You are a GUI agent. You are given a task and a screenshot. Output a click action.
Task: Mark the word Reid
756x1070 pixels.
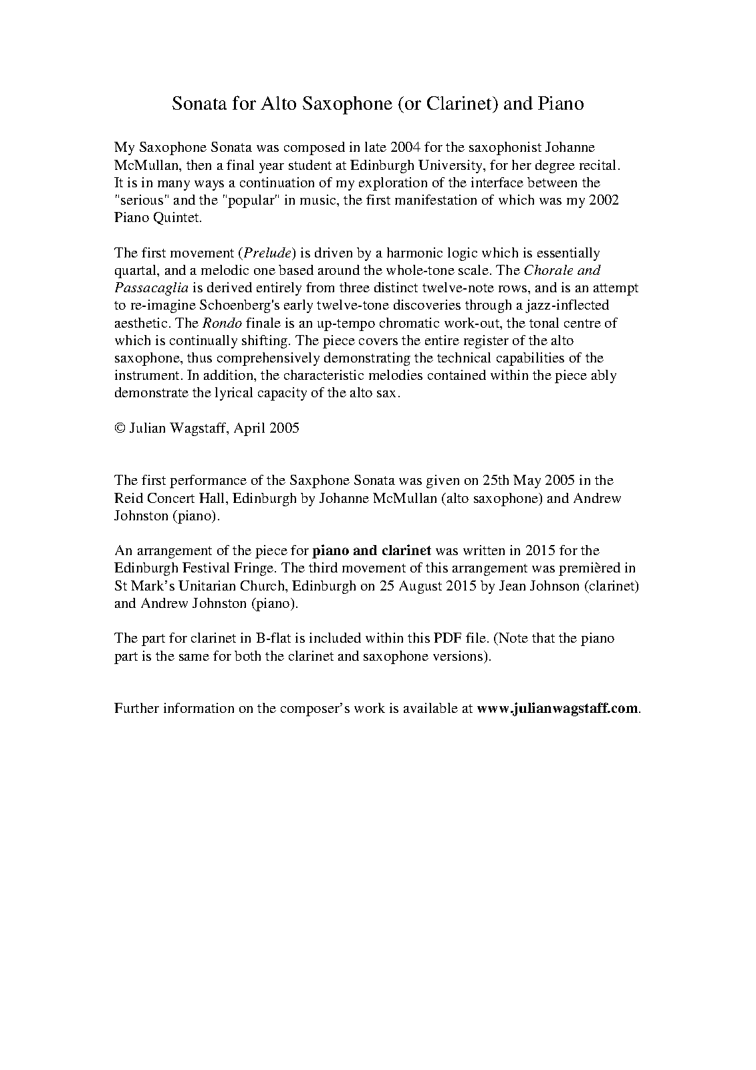pos(128,498)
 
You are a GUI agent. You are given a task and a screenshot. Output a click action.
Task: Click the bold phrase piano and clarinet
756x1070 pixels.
pos(372,550)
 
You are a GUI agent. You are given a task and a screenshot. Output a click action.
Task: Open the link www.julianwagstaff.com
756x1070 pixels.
pos(558,708)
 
